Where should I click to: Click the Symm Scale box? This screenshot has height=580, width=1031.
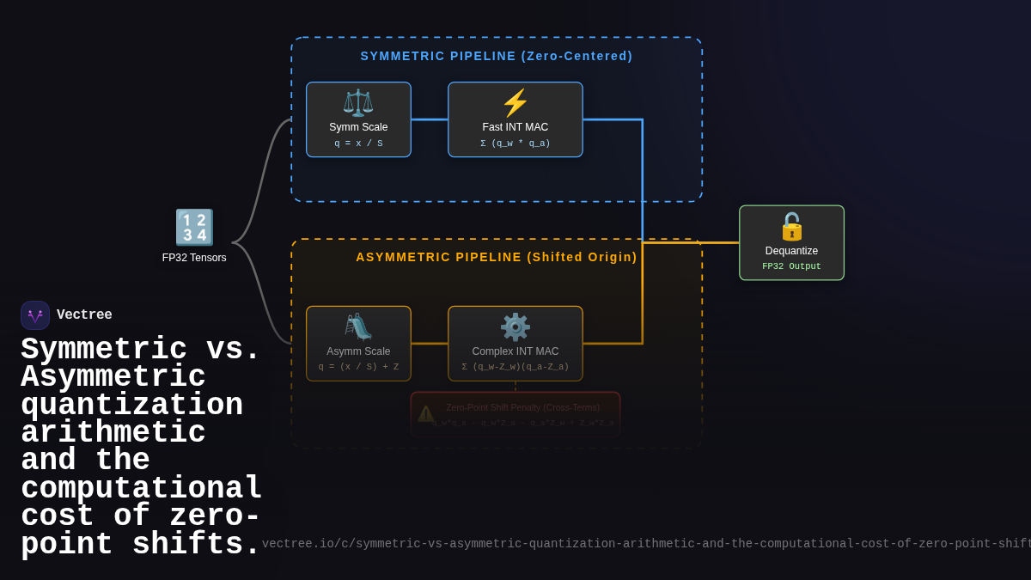pos(358,119)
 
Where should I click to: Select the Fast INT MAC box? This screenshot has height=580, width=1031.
pos(515,119)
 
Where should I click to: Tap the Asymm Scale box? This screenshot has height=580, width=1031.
pos(358,344)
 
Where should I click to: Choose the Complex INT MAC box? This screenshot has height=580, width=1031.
pos(515,344)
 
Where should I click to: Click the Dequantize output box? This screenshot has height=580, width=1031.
pos(791,242)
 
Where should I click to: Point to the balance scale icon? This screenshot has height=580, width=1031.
pos(358,103)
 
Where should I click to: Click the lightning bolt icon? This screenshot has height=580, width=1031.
pos(515,103)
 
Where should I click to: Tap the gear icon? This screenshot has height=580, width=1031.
pos(515,327)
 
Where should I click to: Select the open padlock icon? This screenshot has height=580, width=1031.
pos(791,227)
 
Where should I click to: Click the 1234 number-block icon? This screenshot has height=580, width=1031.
pos(194,228)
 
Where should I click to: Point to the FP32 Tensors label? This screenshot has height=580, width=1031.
pos(194,258)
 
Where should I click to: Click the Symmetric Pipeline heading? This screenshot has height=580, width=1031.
pos(497,56)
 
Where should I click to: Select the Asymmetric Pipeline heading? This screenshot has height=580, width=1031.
pos(497,257)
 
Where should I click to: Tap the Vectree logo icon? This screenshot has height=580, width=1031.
pos(35,315)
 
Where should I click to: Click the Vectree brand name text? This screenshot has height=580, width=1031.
pos(84,315)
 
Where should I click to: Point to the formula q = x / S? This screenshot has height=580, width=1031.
pos(358,143)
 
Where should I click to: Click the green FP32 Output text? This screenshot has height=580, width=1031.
pos(791,266)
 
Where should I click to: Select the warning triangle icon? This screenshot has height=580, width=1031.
pos(425,414)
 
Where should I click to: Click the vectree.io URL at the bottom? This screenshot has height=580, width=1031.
pos(644,544)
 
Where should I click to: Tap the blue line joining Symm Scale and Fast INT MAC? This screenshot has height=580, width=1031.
pos(430,119)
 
